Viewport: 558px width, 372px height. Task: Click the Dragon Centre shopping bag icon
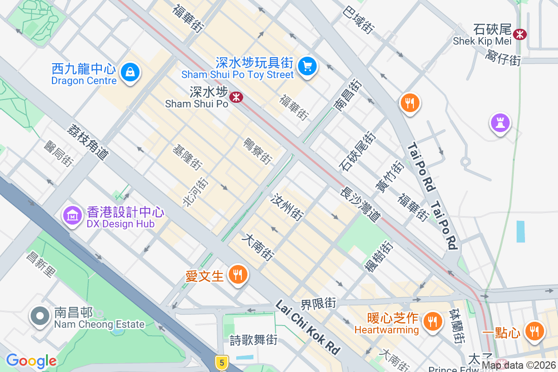point(130,73)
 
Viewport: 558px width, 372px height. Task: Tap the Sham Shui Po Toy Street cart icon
point(307,66)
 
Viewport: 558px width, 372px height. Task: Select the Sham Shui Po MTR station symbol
point(237,97)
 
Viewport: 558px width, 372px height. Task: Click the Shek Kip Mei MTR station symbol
point(519,34)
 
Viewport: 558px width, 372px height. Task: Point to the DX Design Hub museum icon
point(73,216)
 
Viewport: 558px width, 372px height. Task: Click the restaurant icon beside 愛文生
point(238,275)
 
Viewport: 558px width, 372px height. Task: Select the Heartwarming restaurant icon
point(432,321)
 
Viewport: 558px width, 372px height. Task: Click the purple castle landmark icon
point(500,123)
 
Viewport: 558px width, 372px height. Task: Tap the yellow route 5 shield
point(222,362)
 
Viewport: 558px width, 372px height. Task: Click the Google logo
point(31,361)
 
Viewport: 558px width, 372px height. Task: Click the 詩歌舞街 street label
point(253,340)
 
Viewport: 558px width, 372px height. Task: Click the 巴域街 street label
point(359,20)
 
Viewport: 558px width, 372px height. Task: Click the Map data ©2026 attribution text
point(518,365)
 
